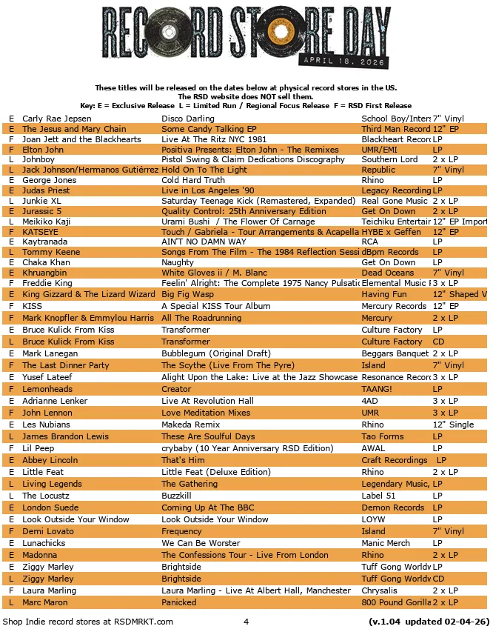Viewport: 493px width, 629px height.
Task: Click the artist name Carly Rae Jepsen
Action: (x=57, y=119)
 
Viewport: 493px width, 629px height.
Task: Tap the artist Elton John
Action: (x=43, y=150)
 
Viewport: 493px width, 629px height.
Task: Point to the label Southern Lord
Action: (x=389, y=159)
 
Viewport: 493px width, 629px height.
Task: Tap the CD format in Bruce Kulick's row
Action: (x=438, y=342)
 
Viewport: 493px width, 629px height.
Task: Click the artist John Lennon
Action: (x=47, y=413)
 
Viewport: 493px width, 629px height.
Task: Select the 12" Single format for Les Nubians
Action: (x=453, y=425)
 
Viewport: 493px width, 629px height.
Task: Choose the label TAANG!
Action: (x=377, y=389)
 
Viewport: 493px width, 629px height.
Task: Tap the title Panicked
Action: (x=179, y=602)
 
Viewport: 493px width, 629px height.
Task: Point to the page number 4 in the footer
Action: (x=246, y=621)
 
